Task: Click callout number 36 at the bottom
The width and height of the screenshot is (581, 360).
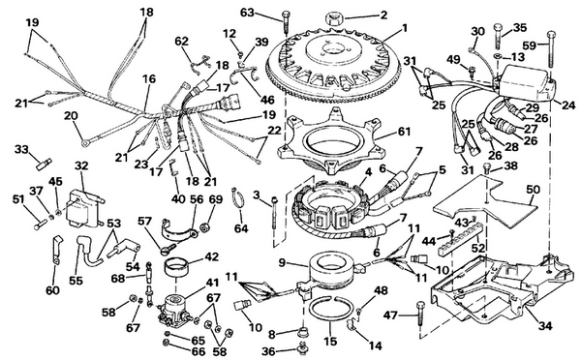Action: pyautogui.click(x=277, y=351)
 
